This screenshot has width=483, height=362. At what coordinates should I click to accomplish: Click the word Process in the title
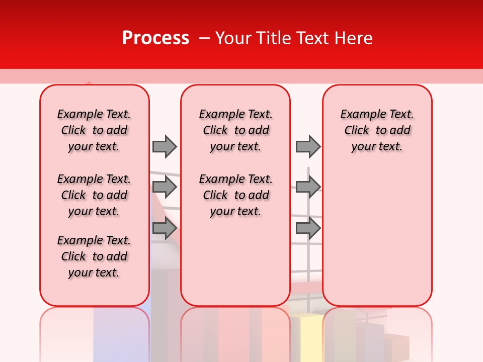tap(155, 38)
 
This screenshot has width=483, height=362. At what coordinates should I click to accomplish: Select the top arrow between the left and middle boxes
tap(165, 146)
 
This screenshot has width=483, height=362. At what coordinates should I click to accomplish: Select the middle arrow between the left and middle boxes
tap(165, 187)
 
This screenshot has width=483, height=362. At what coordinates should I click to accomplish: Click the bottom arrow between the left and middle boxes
tap(165, 228)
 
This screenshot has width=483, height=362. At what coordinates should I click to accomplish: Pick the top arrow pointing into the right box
tap(308, 146)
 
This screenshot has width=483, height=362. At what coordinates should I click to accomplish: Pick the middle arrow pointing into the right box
tap(308, 187)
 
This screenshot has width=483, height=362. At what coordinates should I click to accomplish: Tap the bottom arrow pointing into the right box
tap(308, 228)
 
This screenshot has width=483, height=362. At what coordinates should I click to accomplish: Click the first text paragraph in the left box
tap(94, 130)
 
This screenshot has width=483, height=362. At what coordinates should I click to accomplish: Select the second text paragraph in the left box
tap(94, 195)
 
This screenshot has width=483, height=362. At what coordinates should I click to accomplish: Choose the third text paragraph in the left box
tap(94, 256)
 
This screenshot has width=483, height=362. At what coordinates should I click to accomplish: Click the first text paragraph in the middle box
tap(235, 130)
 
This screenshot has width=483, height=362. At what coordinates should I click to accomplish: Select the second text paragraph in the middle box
tap(235, 195)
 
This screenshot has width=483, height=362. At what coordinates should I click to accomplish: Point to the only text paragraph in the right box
tap(377, 130)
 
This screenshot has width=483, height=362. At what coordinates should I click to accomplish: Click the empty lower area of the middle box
tap(235, 261)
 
